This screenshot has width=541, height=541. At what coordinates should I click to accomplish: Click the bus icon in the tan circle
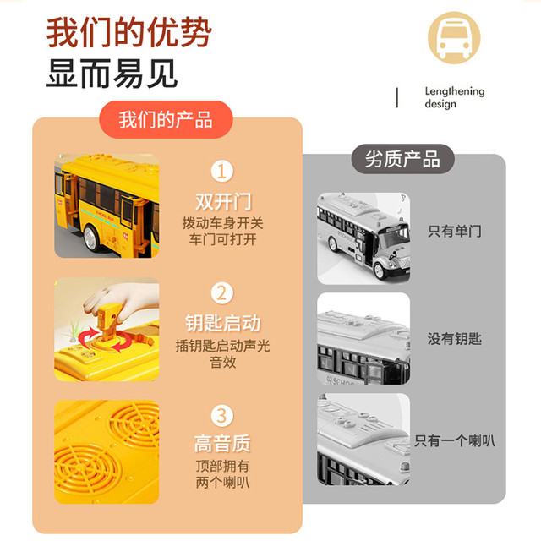(x=454, y=37)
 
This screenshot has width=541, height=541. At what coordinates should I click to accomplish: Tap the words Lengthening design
(x=455, y=98)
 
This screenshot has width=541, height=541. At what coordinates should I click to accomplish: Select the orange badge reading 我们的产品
(x=166, y=119)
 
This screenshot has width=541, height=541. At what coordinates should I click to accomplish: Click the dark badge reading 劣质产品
(x=402, y=159)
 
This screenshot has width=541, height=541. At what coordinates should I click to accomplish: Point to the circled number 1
(x=222, y=171)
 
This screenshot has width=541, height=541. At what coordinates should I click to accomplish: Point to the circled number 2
(x=222, y=293)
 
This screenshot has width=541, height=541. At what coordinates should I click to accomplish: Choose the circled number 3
(x=222, y=415)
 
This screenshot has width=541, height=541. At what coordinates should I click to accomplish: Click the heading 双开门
(x=223, y=201)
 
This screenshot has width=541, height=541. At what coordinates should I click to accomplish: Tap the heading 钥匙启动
(x=223, y=323)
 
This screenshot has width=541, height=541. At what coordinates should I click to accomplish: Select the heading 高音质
(x=222, y=443)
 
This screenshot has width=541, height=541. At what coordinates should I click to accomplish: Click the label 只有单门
(x=455, y=231)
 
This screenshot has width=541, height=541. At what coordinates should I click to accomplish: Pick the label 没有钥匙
(x=455, y=339)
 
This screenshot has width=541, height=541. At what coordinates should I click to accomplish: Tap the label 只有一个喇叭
(x=455, y=440)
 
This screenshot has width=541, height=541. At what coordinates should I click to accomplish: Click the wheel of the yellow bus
(x=91, y=238)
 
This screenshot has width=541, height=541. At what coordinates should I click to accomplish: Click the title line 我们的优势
(x=128, y=32)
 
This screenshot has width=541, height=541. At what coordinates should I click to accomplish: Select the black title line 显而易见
(x=112, y=74)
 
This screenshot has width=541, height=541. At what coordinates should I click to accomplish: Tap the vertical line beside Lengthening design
(x=397, y=98)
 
